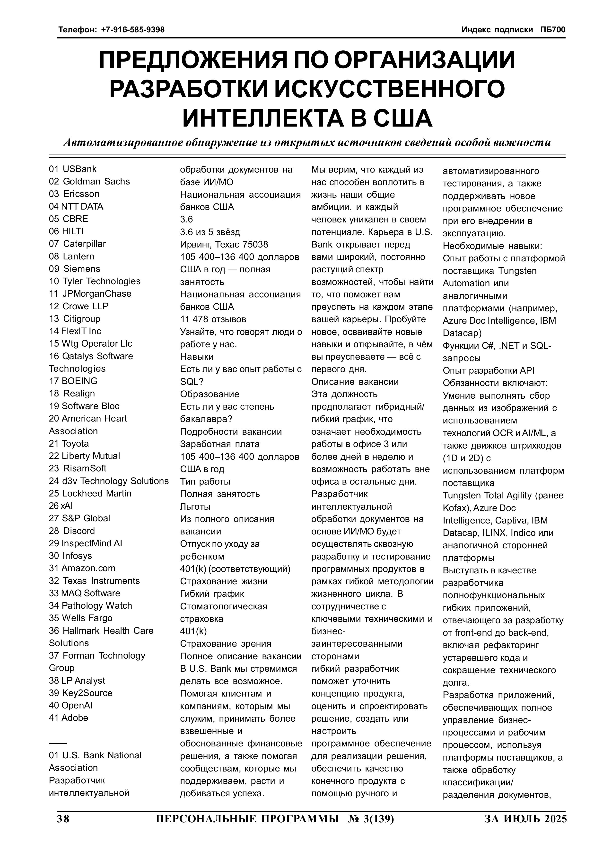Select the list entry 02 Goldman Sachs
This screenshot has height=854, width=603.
89,182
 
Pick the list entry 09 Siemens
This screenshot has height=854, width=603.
74,269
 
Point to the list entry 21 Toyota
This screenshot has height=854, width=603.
69,444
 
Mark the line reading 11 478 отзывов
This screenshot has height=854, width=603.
213,320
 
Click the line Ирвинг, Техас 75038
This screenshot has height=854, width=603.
224,245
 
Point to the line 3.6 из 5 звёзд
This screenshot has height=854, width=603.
210,232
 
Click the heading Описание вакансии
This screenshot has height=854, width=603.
355,382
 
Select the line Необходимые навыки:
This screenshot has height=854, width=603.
492,246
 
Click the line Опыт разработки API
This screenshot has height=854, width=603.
488,371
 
